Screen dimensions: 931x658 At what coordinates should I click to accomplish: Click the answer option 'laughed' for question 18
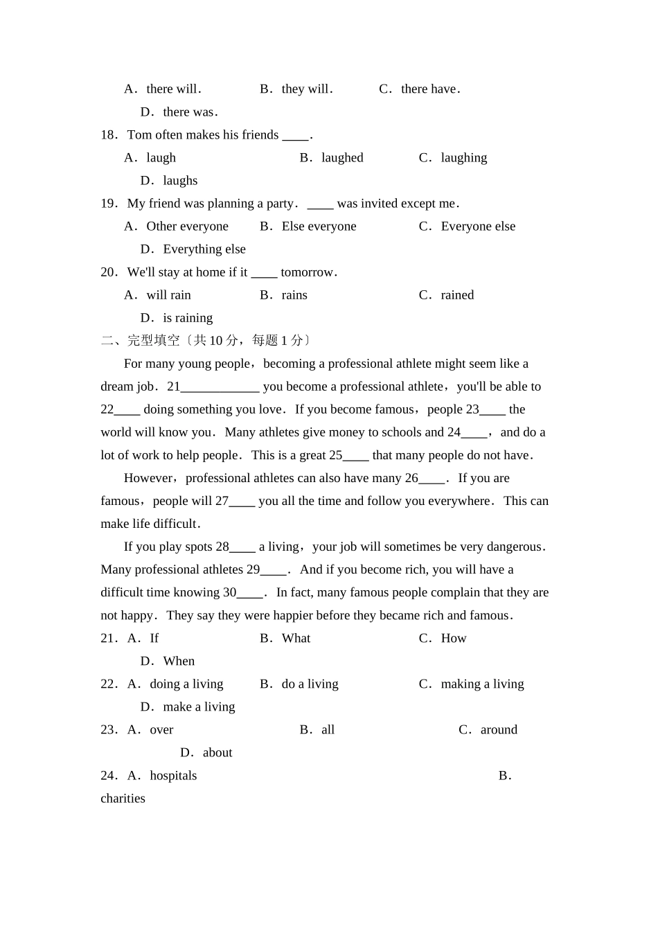[x=341, y=158]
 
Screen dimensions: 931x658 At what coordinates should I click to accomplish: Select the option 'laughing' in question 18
[x=463, y=158]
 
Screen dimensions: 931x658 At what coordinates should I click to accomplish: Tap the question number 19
[x=109, y=204]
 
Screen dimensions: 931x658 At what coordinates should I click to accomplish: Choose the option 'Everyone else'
[x=478, y=227]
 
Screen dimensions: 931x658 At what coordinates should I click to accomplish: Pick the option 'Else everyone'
[x=319, y=227]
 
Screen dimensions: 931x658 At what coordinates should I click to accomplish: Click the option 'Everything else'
[x=204, y=249]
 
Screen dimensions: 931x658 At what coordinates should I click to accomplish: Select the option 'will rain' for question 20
[x=168, y=295]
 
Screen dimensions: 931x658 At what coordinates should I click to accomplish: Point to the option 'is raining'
[x=188, y=318]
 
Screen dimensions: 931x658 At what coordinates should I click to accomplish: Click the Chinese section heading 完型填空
[x=154, y=341]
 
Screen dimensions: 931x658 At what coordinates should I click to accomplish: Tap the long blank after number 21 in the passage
[x=220, y=387]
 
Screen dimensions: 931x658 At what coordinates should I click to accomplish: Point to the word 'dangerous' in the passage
[x=514, y=547]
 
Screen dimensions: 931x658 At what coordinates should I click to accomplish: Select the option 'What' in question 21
[x=296, y=639]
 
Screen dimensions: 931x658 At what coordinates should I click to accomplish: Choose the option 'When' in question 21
[x=179, y=662]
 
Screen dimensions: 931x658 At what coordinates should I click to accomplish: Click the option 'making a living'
[x=482, y=684]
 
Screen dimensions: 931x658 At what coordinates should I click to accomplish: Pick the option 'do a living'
[x=310, y=684]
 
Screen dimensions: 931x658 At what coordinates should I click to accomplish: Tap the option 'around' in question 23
[x=499, y=730]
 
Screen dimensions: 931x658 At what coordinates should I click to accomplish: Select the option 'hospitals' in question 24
[x=173, y=776]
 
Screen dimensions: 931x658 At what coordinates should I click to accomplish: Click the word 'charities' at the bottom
[x=123, y=799]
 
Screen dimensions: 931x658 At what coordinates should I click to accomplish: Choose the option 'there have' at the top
[x=429, y=89]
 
